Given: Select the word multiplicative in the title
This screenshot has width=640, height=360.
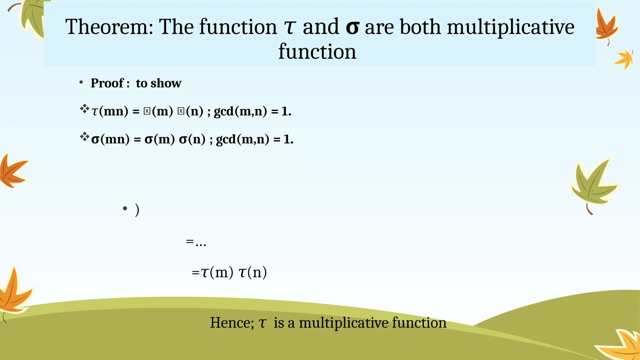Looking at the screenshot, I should coord(511,27).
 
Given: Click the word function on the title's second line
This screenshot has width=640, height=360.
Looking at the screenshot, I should coord(317,52).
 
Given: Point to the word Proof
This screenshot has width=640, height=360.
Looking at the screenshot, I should coord(107,83).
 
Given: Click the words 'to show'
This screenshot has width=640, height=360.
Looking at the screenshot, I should coord(158,83).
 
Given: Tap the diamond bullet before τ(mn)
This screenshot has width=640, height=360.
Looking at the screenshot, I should coord(84,109).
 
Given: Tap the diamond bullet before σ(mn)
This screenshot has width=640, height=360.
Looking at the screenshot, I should coord(84,137).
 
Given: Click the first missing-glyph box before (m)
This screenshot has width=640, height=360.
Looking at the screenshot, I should coord(147,111).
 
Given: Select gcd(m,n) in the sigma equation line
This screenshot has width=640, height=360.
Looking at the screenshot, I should coord(242,139).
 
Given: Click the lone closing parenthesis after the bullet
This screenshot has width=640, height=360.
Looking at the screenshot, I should coord(137,210).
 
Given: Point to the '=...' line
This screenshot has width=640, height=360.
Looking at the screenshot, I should coord(196,242).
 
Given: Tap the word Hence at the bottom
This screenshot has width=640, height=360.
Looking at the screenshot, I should coord(232,323).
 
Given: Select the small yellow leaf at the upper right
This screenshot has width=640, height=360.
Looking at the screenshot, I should coord(624,59).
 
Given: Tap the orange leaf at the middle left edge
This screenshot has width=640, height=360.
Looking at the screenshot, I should coord(12,171).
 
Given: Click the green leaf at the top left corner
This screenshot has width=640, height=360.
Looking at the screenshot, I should coord(31,17).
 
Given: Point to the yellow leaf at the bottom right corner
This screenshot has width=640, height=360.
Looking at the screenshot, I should coord(622,345).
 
